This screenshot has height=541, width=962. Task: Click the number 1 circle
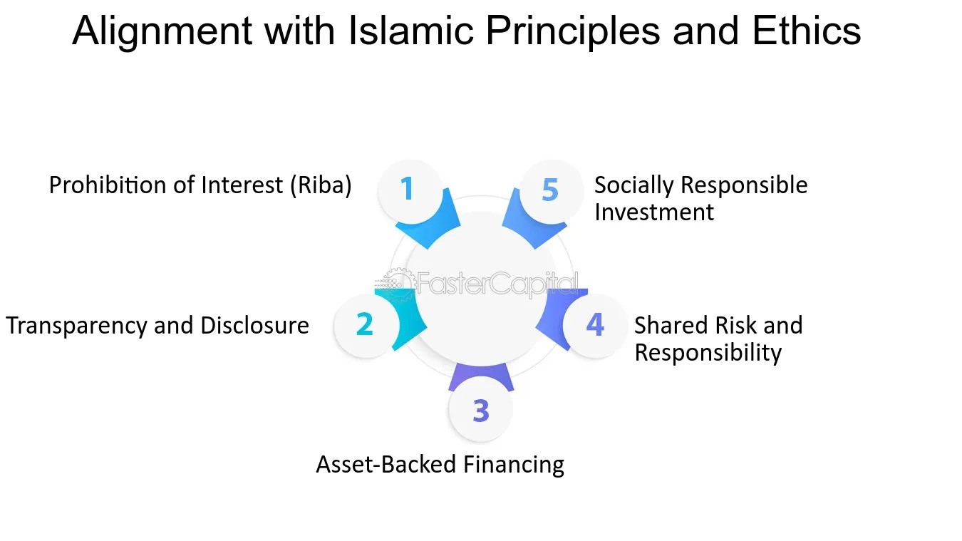407,190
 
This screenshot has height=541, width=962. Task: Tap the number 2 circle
365,324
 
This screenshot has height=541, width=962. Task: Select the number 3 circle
481,411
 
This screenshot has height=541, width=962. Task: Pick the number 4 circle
595,325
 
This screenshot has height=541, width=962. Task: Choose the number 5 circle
549,190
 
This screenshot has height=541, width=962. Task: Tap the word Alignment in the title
162,31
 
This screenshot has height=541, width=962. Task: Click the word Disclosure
254,326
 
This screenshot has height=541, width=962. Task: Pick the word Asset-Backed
386,465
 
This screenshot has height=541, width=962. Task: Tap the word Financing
514,465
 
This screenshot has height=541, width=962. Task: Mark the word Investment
653,212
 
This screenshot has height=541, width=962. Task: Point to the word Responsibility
708,353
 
